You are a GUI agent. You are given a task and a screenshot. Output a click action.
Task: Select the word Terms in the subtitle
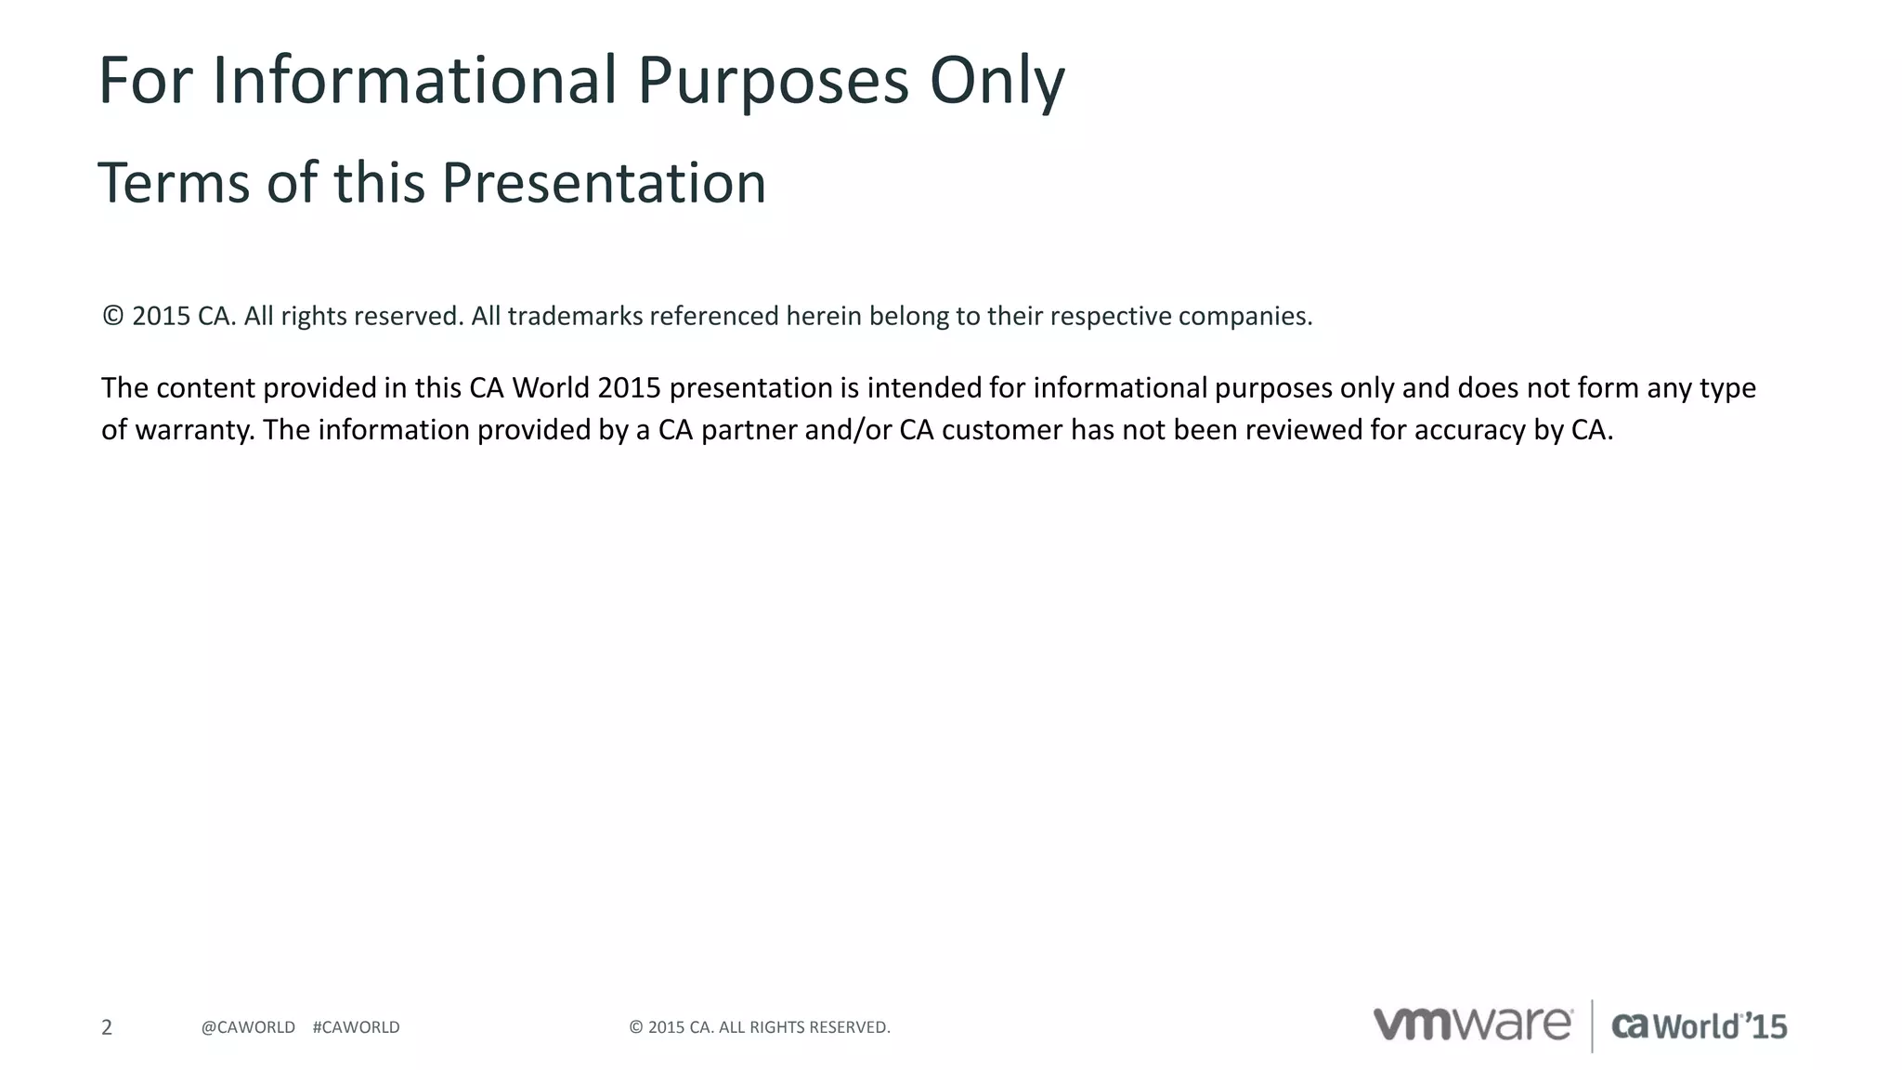point(173,183)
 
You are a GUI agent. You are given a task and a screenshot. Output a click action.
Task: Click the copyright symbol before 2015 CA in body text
point(112,316)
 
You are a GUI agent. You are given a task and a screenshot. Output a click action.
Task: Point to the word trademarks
point(575,317)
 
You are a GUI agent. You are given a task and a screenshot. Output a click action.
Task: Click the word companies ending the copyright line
point(1244,317)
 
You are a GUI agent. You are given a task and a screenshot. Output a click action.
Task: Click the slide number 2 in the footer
point(107,1027)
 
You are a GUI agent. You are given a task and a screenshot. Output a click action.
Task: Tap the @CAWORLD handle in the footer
point(248,1027)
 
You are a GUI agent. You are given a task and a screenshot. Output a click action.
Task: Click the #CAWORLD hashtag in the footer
point(356,1027)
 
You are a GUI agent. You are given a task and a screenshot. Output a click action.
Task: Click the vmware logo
point(1472,1024)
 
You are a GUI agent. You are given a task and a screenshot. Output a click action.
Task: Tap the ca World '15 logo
point(1699,1026)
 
